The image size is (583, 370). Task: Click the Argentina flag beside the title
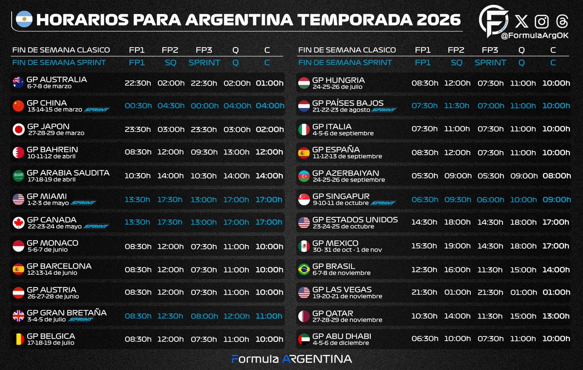(x=24, y=19)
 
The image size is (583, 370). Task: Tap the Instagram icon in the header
(x=542, y=21)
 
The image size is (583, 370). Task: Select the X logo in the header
(x=521, y=21)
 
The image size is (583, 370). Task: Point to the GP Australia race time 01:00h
(x=269, y=83)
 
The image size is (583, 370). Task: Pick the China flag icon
(x=18, y=106)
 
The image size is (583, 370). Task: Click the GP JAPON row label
(x=48, y=126)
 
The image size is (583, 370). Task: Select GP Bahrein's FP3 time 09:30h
(x=204, y=152)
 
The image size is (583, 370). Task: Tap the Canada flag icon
(x=18, y=222)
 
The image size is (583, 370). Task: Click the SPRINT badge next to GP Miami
(x=83, y=203)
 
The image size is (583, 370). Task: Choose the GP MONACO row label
(x=52, y=243)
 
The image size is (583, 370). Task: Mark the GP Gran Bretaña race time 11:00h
(x=269, y=316)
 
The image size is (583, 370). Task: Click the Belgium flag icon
(x=18, y=339)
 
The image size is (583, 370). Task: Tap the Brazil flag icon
(x=304, y=269)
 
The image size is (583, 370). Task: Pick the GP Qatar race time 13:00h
(x=556, y=316)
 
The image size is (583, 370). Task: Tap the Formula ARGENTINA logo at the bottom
(x=291, y=359)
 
